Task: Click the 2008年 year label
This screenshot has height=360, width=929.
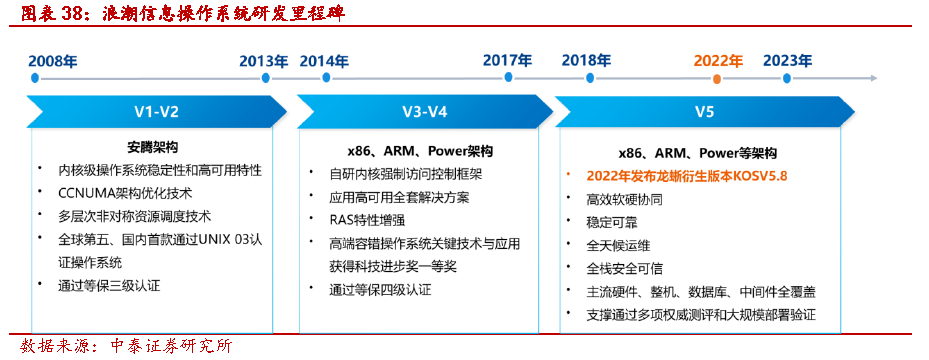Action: (53, 61)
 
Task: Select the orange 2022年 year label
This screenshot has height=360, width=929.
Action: (718, 61)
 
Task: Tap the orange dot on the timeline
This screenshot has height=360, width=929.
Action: (717, 78)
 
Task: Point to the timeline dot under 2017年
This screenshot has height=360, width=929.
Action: (508, 78)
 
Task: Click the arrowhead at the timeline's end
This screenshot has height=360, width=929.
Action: (874, 78)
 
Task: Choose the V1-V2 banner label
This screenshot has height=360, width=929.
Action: (156, 112)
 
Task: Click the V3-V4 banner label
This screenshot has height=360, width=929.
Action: (424, 112)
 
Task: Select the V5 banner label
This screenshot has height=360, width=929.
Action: (704, 112)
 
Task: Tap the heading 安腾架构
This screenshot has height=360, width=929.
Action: (152, 147)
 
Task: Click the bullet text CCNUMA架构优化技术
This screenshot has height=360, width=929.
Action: (125, 194)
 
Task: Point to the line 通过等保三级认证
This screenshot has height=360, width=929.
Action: (109, 285)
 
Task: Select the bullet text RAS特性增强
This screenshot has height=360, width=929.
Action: (367, 220)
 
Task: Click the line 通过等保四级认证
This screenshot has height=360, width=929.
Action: (380, 290)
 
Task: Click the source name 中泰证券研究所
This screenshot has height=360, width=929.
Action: (169, 346)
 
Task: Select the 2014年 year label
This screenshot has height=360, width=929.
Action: (324, 61)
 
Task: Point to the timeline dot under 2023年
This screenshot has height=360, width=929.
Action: (787, 78)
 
